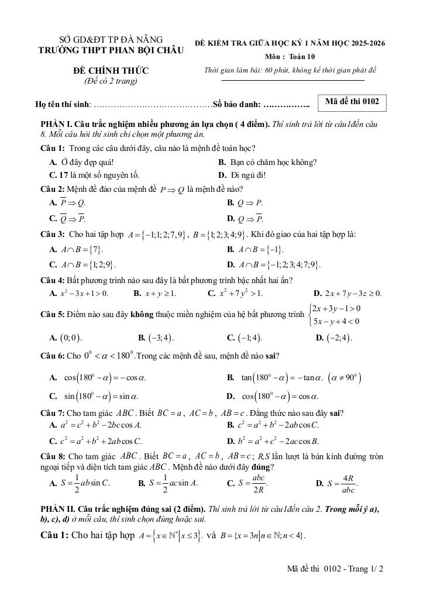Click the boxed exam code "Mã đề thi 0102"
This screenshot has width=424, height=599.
352,102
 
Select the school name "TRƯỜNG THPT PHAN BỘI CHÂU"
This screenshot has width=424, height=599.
111,50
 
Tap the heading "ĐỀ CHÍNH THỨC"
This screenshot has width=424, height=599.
111,71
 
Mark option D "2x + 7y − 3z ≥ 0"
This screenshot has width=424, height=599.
347,293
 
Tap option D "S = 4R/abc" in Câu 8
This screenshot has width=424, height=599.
337,483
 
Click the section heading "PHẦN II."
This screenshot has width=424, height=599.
58,509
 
